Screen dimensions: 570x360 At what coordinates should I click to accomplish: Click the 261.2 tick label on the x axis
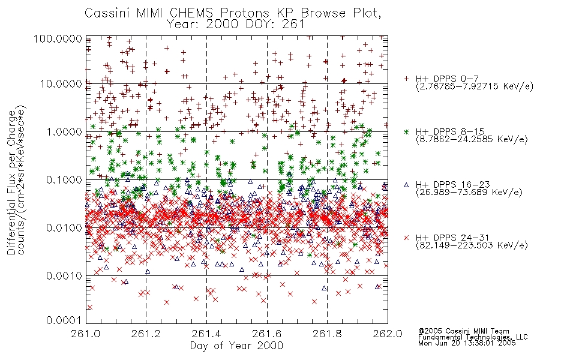(x=146, y=334)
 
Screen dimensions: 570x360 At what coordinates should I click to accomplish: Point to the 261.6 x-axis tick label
(x=267, y=334)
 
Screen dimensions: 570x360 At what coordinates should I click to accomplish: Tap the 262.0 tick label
(x=388, y=334)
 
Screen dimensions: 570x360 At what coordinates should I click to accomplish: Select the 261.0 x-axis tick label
(x=86, y=334)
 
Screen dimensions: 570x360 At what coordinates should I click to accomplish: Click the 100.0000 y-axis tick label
(x=58, y=38)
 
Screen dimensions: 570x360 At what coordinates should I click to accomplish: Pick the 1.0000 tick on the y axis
(x=64, y=131)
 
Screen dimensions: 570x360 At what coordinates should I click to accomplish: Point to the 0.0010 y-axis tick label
(x=64, y=275)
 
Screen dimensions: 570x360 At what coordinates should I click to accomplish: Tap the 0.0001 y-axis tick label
(x=64, y=320)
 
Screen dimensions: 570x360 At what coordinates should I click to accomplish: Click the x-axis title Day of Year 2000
(x=236, y=346)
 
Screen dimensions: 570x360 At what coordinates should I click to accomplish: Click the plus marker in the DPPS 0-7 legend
(x=406, y=79)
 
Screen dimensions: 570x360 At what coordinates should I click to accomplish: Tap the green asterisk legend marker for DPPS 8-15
(x=406, y=131)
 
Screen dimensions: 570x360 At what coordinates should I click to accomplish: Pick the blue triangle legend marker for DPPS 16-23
(x=406, y=185)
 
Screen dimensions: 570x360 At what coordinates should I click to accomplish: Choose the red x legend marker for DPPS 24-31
(x=406, y=238)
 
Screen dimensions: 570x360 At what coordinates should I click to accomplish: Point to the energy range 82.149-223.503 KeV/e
(x=472, y=245)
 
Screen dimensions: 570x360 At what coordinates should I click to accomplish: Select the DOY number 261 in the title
(x=293, y=24)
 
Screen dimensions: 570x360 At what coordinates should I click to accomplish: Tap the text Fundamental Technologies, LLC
(x=473, y=337)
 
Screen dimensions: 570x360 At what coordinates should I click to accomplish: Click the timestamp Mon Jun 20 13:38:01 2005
(x=467, y=343)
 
